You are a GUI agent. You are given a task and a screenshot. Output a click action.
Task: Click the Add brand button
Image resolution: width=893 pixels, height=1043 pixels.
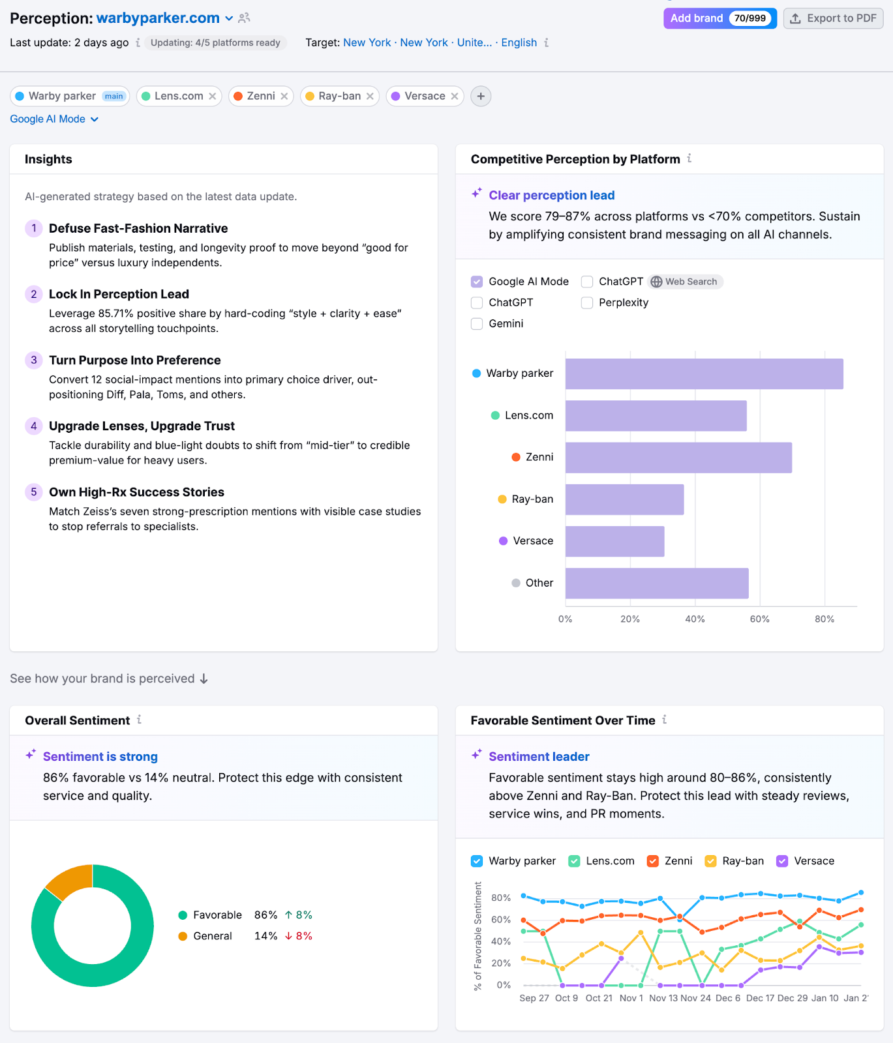pyautogui.click(x=697, y=18)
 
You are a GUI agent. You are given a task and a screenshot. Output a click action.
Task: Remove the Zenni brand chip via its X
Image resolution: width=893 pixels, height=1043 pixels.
pyautogui.click(x=284, y=96)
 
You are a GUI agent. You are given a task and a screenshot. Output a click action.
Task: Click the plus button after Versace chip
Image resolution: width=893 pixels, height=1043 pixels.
pyautogui.click(x=481, y=96)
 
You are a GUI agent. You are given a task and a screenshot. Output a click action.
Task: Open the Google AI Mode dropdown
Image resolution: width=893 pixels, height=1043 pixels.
pyautogui.click(x=54, y=119)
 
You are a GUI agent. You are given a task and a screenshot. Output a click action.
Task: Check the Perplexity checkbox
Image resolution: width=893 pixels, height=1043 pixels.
pyautogui.click(x=587, y=302)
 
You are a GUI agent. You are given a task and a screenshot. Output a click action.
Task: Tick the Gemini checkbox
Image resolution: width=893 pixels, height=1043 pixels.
pyautogui.click(x=477, y=323)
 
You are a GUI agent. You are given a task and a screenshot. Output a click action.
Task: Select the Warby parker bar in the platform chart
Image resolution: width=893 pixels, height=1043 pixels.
pyautogui.click(x=704, y=374)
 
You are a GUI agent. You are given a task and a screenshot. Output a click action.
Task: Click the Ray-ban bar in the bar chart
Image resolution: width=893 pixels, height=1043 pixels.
pyautogui.click(x=624, y=499)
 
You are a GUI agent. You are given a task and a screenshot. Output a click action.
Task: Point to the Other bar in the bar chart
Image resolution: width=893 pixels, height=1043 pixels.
pyautogui.click(x=656, y=583)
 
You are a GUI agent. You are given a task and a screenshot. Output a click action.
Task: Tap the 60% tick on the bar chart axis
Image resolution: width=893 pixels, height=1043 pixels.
pyautogui.click(x=759, y=619)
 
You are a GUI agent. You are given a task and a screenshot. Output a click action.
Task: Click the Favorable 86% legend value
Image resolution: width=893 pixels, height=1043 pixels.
pyautogui.click(x=265, y=915)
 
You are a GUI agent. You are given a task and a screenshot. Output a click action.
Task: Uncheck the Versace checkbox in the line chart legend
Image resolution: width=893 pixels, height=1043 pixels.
pyautogui.click(x=782, y=861)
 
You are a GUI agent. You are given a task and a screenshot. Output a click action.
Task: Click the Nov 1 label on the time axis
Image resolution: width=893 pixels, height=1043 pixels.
pyautogui.click(x=631, y=998)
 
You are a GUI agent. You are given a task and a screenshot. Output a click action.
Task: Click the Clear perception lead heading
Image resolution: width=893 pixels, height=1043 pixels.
pyautogui.click(x=551, y=196)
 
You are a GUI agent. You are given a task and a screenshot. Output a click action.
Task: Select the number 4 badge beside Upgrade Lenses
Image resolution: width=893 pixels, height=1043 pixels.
pyautogui.click(x=34, y=426)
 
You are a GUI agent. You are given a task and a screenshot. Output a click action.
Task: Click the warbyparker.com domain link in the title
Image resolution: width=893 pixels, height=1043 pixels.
pyautogui.click(x=158, y=18)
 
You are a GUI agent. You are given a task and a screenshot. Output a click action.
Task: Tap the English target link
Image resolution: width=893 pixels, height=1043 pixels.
pyautogui.click(x=519, y=42)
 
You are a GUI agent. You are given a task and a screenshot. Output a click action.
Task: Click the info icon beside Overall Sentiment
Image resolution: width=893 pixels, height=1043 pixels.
pyautogui.click(x=139, y=720)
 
